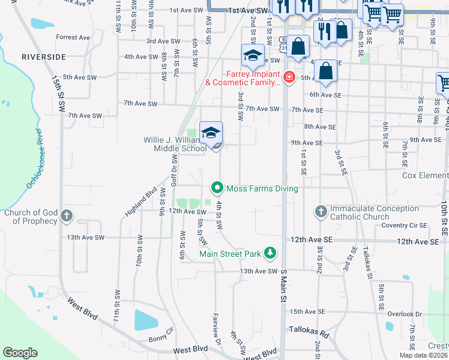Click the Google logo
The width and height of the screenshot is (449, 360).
[x=20, y=353]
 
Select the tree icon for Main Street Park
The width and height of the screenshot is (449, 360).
[x=271, y=253]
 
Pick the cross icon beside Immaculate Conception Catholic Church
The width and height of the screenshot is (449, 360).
[x=321, y=212]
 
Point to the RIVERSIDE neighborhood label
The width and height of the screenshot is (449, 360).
[x=43, y=57]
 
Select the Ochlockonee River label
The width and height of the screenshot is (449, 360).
[x=33, y=158]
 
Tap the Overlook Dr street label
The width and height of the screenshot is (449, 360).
[x=406, y=314]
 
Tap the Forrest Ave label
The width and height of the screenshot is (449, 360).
[x=73, y=37]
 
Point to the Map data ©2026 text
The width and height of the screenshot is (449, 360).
[x=424, y=355]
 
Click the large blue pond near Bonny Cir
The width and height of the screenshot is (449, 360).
[x=146, y=320]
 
